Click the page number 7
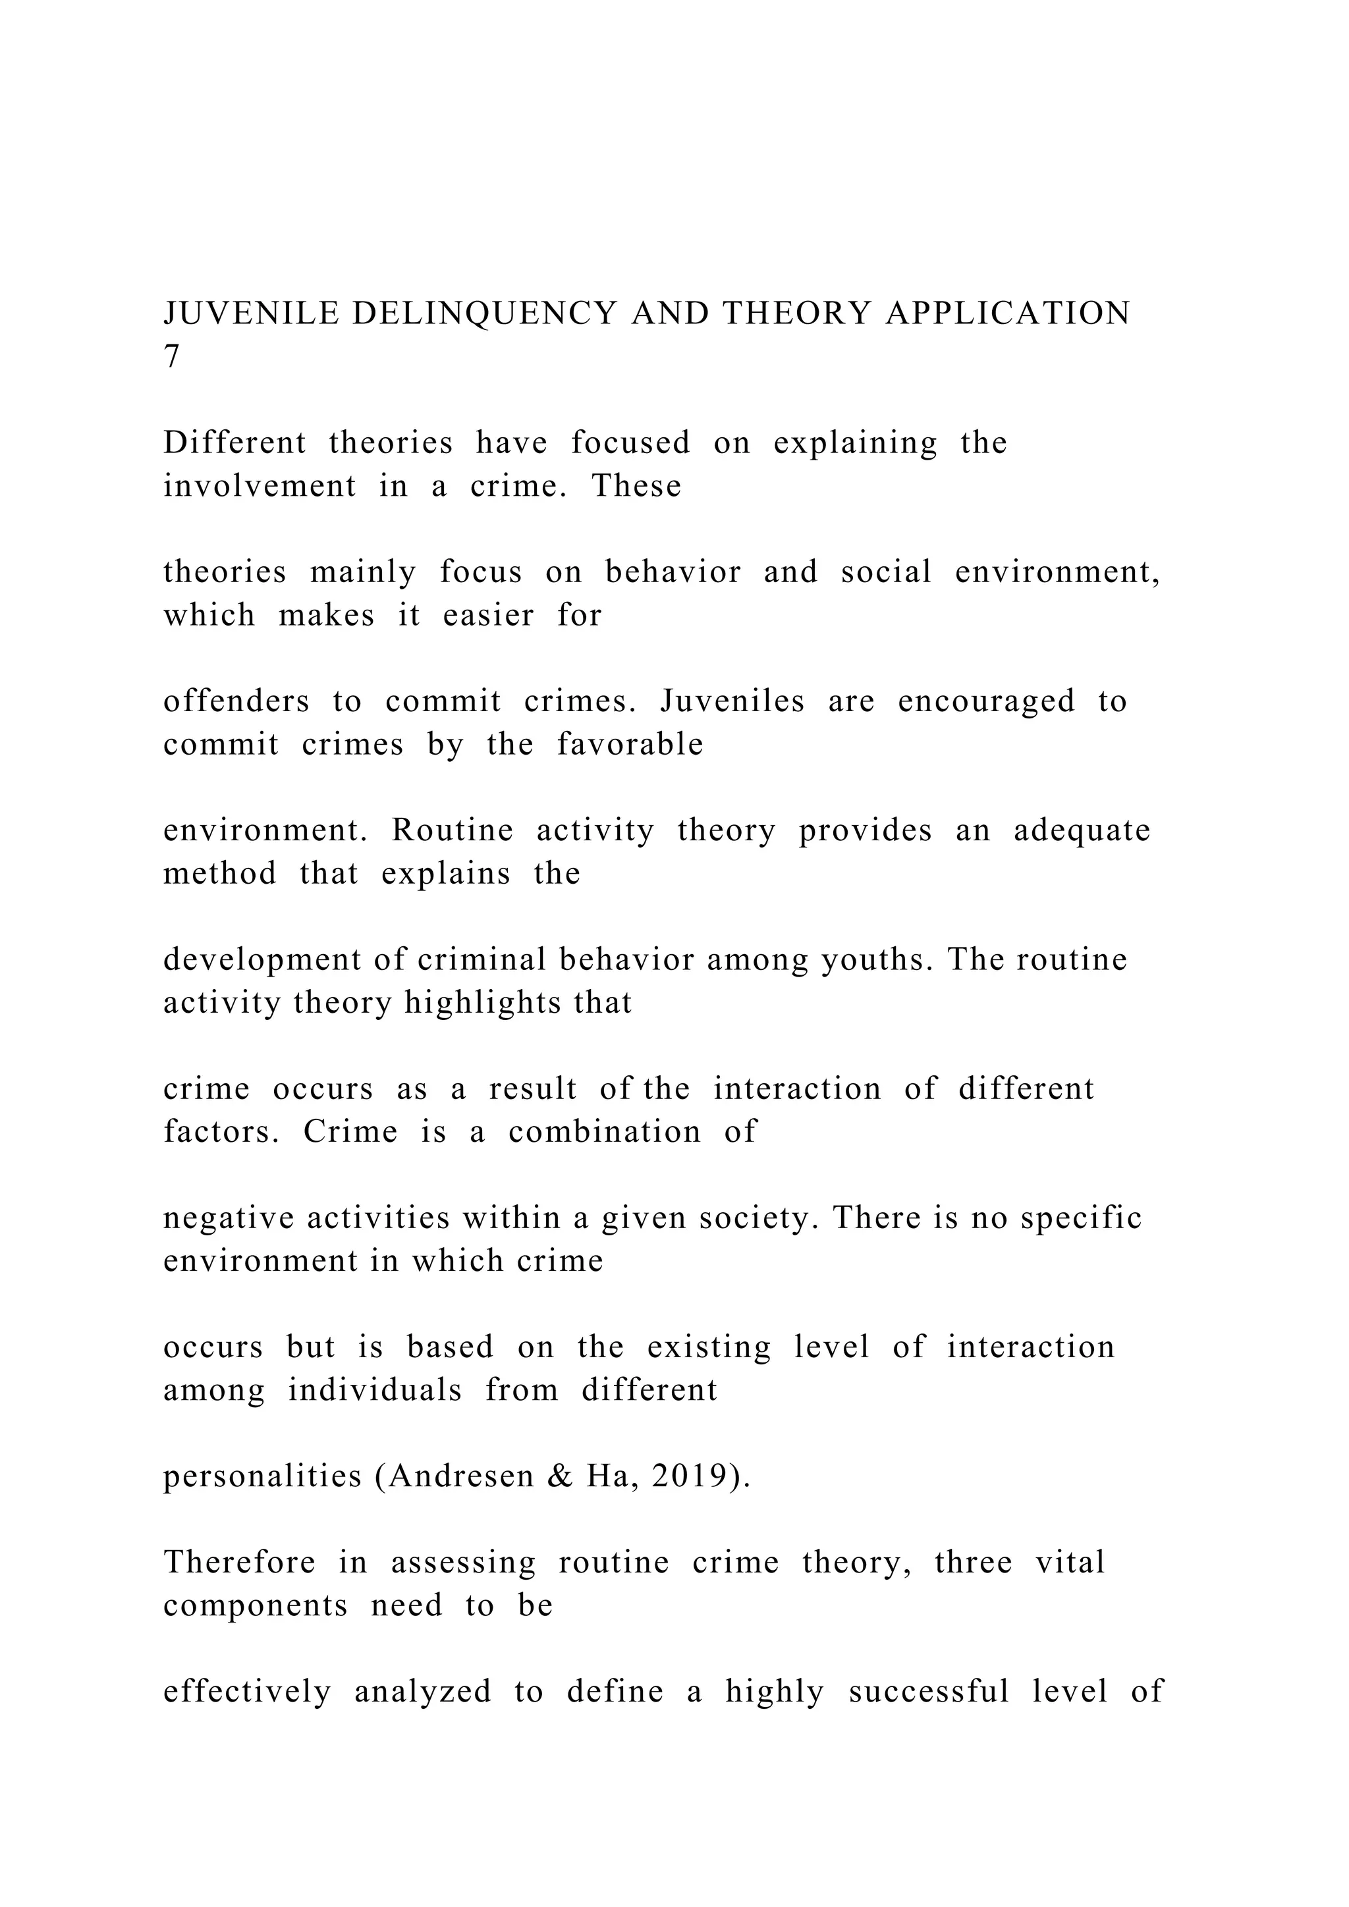click(171, 356)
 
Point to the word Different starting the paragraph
click(234, 443)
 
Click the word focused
click(630, 443)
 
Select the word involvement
click(259, 486)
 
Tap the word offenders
click(236, 701)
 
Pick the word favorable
click(630, 744)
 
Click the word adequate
click(1082, 830)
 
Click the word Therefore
click(239, 1563)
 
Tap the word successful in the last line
click(928, 1691)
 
